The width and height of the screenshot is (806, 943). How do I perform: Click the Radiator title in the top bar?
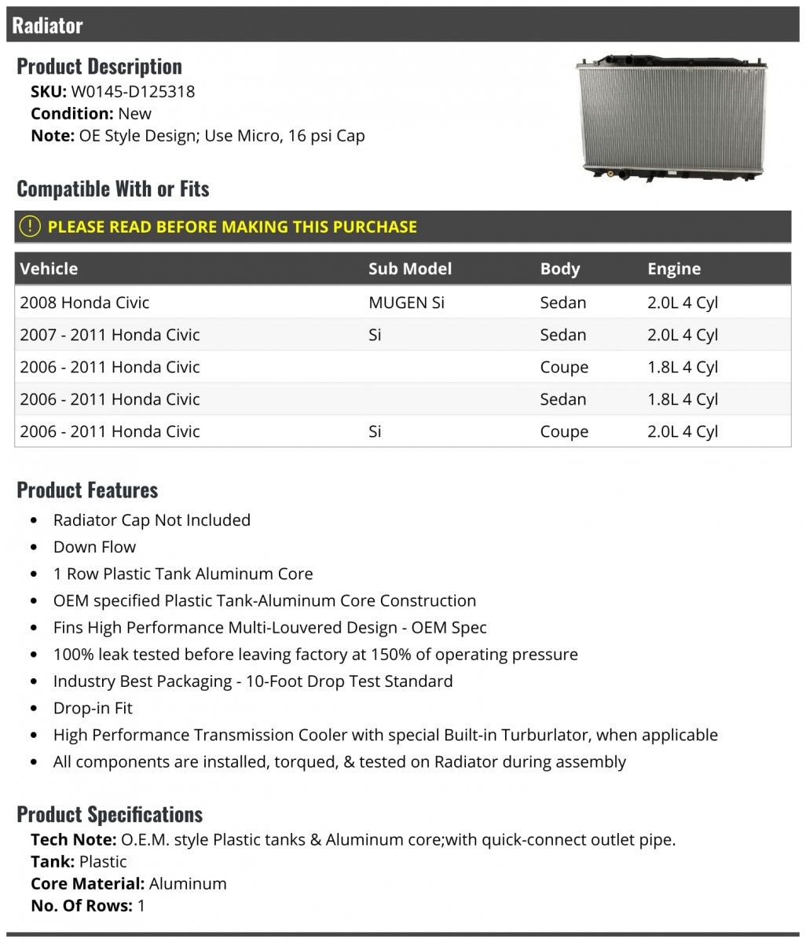pos(47,25)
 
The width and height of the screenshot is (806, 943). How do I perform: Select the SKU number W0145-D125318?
pos(133,91)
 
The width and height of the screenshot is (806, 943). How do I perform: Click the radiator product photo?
pos(671,117)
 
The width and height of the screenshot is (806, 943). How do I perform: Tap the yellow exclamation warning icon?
pos(29,227)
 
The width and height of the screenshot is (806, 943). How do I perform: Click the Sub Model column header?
pos(409,269)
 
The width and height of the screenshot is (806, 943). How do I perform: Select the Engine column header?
pos(673,269)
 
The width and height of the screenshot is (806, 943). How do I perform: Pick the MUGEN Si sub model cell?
pos(406,303)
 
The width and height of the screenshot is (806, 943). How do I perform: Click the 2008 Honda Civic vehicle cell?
pos(84,303)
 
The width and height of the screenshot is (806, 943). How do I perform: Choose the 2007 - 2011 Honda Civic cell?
pos(109,335)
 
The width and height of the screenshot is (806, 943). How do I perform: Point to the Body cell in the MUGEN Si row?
pos(562,303)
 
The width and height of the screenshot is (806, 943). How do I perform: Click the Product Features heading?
pos(87,490)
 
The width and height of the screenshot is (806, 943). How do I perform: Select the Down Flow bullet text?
pos(94,547)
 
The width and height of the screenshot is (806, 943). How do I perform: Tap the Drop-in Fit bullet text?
pos(93,708)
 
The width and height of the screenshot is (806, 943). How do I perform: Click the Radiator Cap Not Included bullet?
pos(152,520)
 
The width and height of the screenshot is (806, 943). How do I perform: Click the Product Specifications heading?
pos(109,814)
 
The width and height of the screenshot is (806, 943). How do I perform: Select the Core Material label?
pos(87,883)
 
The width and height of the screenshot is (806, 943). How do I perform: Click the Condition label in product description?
pos(71,113)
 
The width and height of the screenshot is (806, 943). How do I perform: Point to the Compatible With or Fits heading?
pos(112,189)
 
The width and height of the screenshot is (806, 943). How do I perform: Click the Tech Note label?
pos(73,839)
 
